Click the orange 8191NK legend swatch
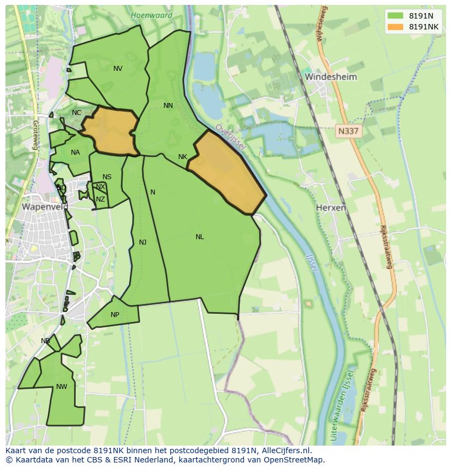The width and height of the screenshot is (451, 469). (395, 27)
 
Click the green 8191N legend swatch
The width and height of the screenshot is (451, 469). (395, 16)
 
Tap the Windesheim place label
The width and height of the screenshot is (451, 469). (331, 77)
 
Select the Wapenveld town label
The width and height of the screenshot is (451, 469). (45, 207)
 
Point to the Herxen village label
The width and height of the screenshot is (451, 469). (331, 208)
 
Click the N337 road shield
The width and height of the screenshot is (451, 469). (348, 131)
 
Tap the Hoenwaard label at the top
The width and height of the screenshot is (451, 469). (151, 15)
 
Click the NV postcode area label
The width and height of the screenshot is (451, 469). (118, 69)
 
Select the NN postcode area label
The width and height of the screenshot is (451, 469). (168, 106)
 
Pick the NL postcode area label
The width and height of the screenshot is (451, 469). (199, 237)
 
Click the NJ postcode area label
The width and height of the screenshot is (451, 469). (143, 242)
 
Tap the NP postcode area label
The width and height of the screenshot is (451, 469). (114, 315)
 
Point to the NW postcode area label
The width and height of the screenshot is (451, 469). (62, 387)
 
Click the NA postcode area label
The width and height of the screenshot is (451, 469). (75, 153)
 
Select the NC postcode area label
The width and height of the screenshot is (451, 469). (76, 113)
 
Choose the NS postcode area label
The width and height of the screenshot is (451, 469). (107, 177)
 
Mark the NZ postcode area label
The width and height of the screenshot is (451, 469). (100, 199)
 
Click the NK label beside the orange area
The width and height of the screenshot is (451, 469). (182, 157)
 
